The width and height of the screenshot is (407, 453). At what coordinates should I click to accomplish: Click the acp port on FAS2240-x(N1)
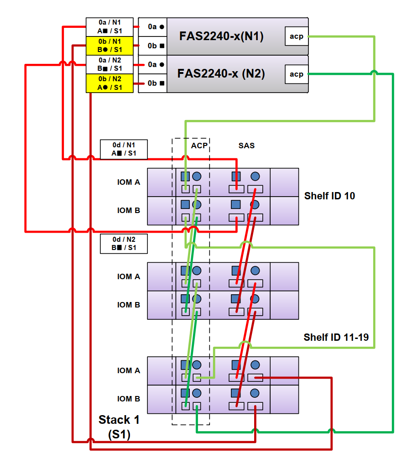tap(296, 36)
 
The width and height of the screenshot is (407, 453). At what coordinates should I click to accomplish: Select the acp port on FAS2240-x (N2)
tap(296, 74)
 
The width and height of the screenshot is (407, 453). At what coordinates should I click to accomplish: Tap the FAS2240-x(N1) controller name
tap(221, 36)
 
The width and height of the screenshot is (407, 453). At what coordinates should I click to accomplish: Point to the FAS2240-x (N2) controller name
tap(221, 73)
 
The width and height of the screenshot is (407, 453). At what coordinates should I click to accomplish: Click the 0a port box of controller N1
tap(152, 27)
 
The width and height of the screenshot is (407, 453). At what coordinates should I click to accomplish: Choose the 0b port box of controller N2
tap(152, 83)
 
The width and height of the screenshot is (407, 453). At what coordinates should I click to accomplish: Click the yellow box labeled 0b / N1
tap(110, 46)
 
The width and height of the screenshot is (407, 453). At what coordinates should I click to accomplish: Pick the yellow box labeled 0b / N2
tap(110, 83)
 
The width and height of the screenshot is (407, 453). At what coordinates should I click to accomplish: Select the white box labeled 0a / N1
tap(110, 27)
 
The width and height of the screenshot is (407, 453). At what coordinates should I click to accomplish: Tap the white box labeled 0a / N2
tap(110, 64)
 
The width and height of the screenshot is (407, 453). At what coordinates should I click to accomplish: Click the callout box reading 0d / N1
tap(124, 149)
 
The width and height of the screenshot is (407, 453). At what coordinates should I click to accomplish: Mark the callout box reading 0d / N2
tap(124, 244)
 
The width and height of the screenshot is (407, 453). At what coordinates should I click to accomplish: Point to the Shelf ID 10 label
tap(329, 196)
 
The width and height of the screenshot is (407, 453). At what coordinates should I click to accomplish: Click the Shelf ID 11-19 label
tap(336, 337)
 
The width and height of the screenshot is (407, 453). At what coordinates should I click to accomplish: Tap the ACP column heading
tap(199, 146)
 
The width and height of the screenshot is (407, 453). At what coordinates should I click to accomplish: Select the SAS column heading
tap(246, 146)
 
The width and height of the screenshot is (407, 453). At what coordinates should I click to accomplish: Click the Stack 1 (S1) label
tap(119, 427)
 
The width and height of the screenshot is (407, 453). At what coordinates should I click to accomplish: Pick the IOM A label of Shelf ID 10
tap(128, 182)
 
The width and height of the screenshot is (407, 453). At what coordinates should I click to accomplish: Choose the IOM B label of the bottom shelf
tap(128, 399)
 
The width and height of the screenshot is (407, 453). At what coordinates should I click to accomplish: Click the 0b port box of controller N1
tap(152, 46)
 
